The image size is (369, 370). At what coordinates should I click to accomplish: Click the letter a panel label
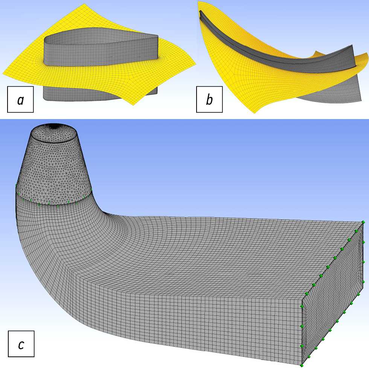point(20,99)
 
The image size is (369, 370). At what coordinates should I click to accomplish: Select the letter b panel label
point(209,99)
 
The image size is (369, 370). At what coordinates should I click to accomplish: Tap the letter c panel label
point(21,344)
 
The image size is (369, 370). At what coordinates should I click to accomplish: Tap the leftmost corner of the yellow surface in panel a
point(2,73)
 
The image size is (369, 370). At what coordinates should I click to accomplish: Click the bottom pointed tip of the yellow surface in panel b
point(255,113)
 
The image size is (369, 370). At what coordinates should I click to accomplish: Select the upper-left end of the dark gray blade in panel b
point(201,11)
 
